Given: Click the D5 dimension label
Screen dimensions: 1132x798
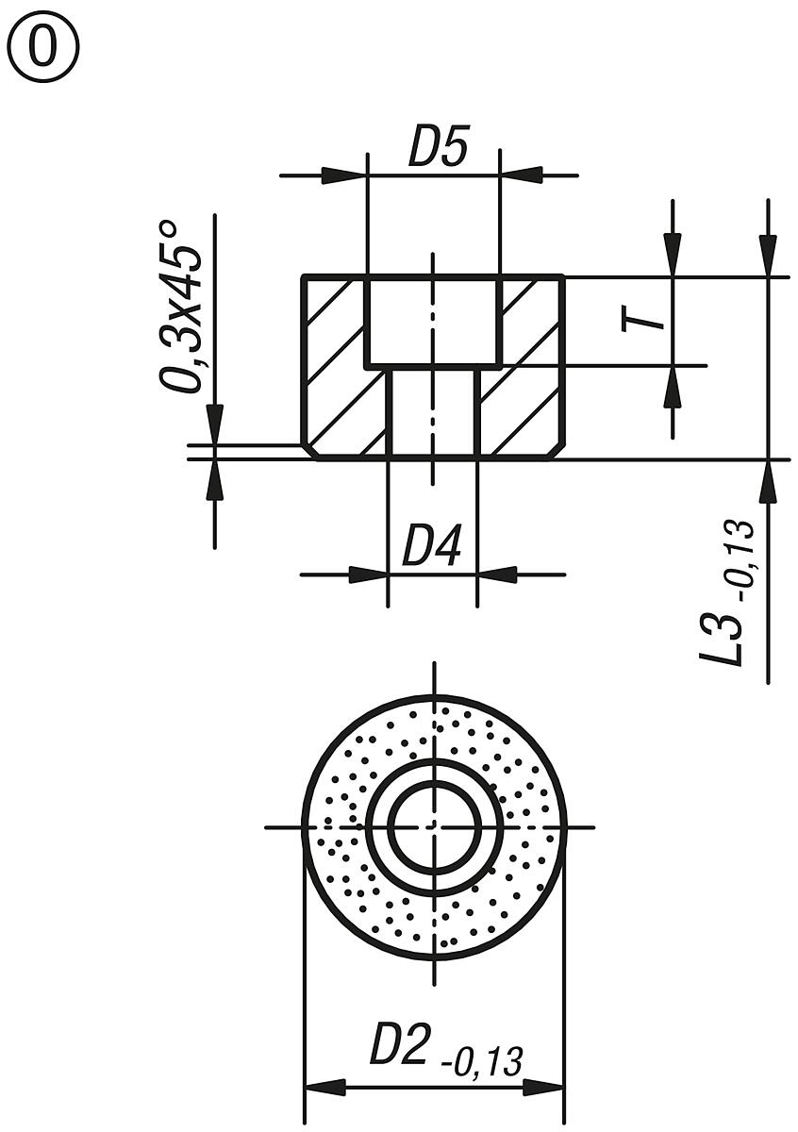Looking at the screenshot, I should pyautogui.click(x=438, y=148).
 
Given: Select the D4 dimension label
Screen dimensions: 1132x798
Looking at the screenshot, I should pyautogui.click(x=432, y=547).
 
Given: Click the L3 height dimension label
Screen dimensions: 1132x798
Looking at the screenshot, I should pyautogui.click(x=722, y=637).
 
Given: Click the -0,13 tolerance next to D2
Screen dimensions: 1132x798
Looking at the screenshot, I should pyautogui.click(x=482, y=1061).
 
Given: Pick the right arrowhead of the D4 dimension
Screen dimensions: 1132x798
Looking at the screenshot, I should pyautogui.click(x=497, y=574).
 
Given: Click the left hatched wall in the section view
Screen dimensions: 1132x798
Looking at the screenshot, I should pyautogui.click(x=335, y=368).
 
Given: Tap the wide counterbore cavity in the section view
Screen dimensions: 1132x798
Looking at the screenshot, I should pyautogui.click(x=433, y=321).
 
